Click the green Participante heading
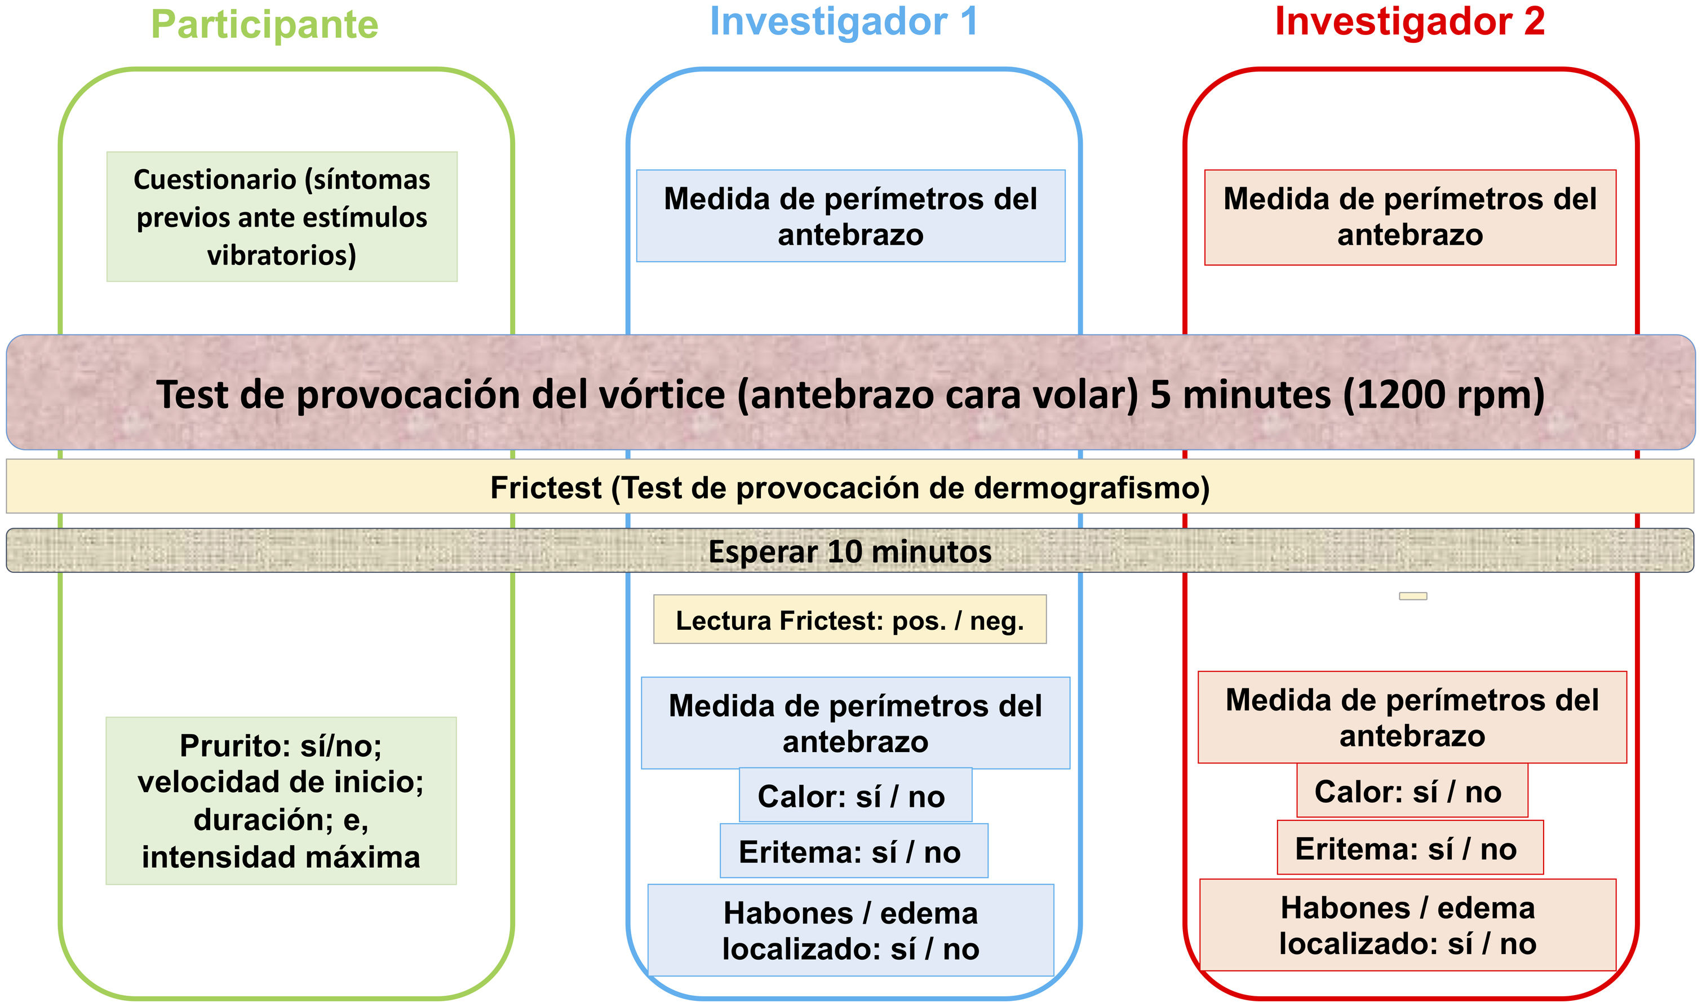click(x=264, y=25)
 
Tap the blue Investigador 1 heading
click(x=844, y=22)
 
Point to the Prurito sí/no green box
click(x=281, y=801)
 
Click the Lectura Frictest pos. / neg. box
click(x=850, y=620)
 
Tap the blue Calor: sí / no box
click(x=855, y=796)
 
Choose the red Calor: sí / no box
click(x=1412, y=790)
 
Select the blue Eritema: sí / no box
click(x=853, y=851)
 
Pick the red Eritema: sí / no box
click(x=1410, y=847)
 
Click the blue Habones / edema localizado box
click(x=850, y=930)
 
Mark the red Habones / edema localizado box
click(x=1408, y=925)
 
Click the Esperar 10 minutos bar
click(x=850, y=551)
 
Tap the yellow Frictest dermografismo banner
click(x=850, y=487)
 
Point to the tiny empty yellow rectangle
click(x=1412, y=596)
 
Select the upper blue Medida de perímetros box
click(x=850, y=216)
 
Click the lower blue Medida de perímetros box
click(x=855, y=723)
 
